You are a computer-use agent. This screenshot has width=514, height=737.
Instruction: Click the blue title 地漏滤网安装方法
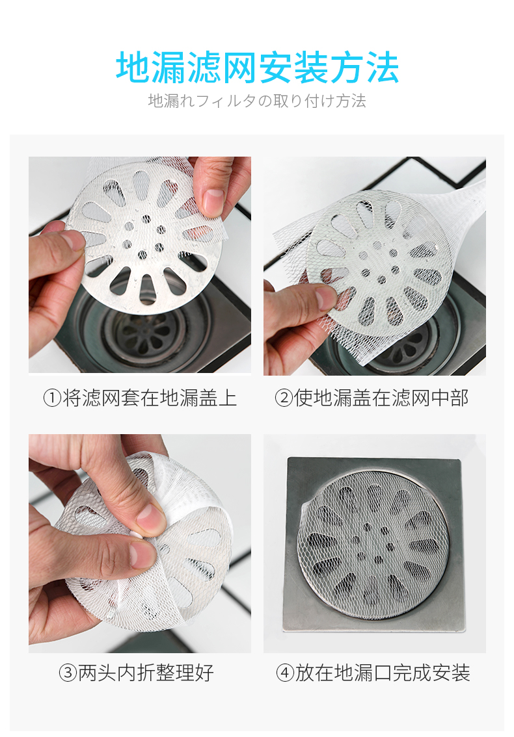257,68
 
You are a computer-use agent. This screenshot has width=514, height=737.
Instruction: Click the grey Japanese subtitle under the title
257,101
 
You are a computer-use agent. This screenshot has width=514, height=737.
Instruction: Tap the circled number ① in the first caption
52,398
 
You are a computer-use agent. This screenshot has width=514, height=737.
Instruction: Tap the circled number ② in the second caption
284,398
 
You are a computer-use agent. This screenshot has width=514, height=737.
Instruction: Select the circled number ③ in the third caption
68,673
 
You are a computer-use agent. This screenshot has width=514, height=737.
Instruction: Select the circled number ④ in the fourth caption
285,673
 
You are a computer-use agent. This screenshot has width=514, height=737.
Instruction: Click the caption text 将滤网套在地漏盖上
150,398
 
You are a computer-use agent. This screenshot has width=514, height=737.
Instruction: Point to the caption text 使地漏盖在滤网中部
381,398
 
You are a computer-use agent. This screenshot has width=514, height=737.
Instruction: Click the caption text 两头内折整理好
146,673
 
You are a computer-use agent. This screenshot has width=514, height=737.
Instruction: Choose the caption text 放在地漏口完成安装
383,673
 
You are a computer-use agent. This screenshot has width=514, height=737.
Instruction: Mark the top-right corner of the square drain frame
459,459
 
